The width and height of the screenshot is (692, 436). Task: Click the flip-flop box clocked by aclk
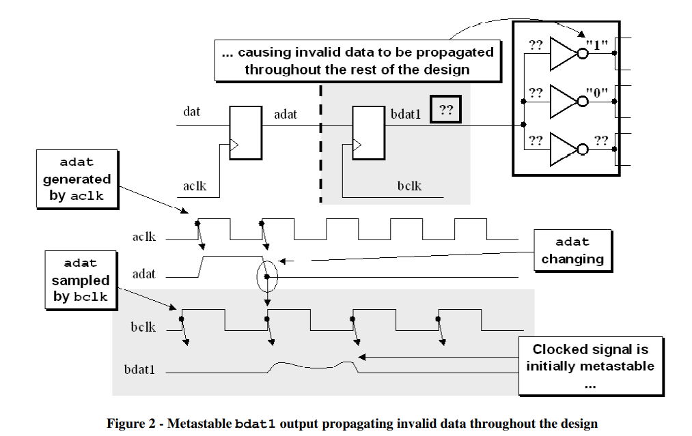tap(245, 132)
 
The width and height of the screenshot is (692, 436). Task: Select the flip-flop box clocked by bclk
tap(368, 132)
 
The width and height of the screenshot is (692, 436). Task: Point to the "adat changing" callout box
tap(572, 250)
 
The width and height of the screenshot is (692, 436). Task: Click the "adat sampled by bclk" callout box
tap(80, 280)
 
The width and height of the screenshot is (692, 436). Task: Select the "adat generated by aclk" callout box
tap(77, 179)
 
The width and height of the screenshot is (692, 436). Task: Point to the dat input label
tap(192, 111)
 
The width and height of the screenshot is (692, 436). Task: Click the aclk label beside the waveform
tap(144, 237)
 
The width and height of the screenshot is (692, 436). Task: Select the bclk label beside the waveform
tap(143, 328)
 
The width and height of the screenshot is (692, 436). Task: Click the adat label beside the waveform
tap(144, 274)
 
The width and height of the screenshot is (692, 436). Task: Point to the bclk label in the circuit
tap(409, 186)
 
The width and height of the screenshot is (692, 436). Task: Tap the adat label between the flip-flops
tap(286, 114)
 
